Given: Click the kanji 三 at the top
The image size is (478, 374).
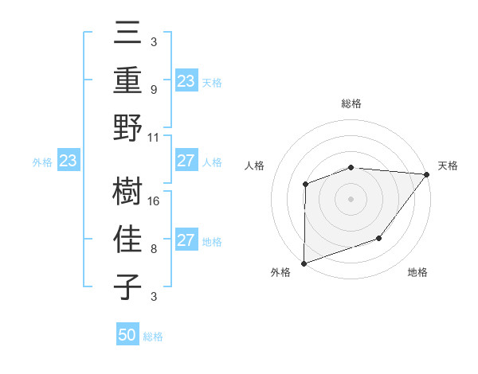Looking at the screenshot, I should pos(128,34).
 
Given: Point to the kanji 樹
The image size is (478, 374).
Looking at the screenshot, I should pos(128,192).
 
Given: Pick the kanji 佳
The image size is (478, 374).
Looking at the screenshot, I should pos(128,239).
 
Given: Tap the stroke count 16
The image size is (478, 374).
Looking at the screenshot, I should pos(155,201).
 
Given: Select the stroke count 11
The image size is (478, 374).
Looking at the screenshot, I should pos(155,137).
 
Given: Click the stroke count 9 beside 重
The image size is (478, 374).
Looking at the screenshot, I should pos(154,90).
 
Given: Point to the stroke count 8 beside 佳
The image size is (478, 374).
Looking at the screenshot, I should pos(154,248).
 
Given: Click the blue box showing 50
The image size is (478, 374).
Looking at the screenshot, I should pos(127,335).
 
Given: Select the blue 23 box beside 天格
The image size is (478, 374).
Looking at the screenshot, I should pos(186,81).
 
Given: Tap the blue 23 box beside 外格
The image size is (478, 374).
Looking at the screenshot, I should pos(69,162).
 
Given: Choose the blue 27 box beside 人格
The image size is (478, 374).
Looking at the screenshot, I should pos(186,162).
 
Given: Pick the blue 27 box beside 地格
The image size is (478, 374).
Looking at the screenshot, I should pos(186,240).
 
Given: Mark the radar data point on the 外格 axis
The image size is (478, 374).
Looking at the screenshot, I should pos(304,262).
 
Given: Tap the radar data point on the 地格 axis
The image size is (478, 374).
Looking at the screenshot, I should pos(379,238).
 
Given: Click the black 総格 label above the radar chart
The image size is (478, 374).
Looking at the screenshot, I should pos(351,103).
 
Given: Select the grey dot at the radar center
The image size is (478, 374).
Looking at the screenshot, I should pos(351,198).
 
